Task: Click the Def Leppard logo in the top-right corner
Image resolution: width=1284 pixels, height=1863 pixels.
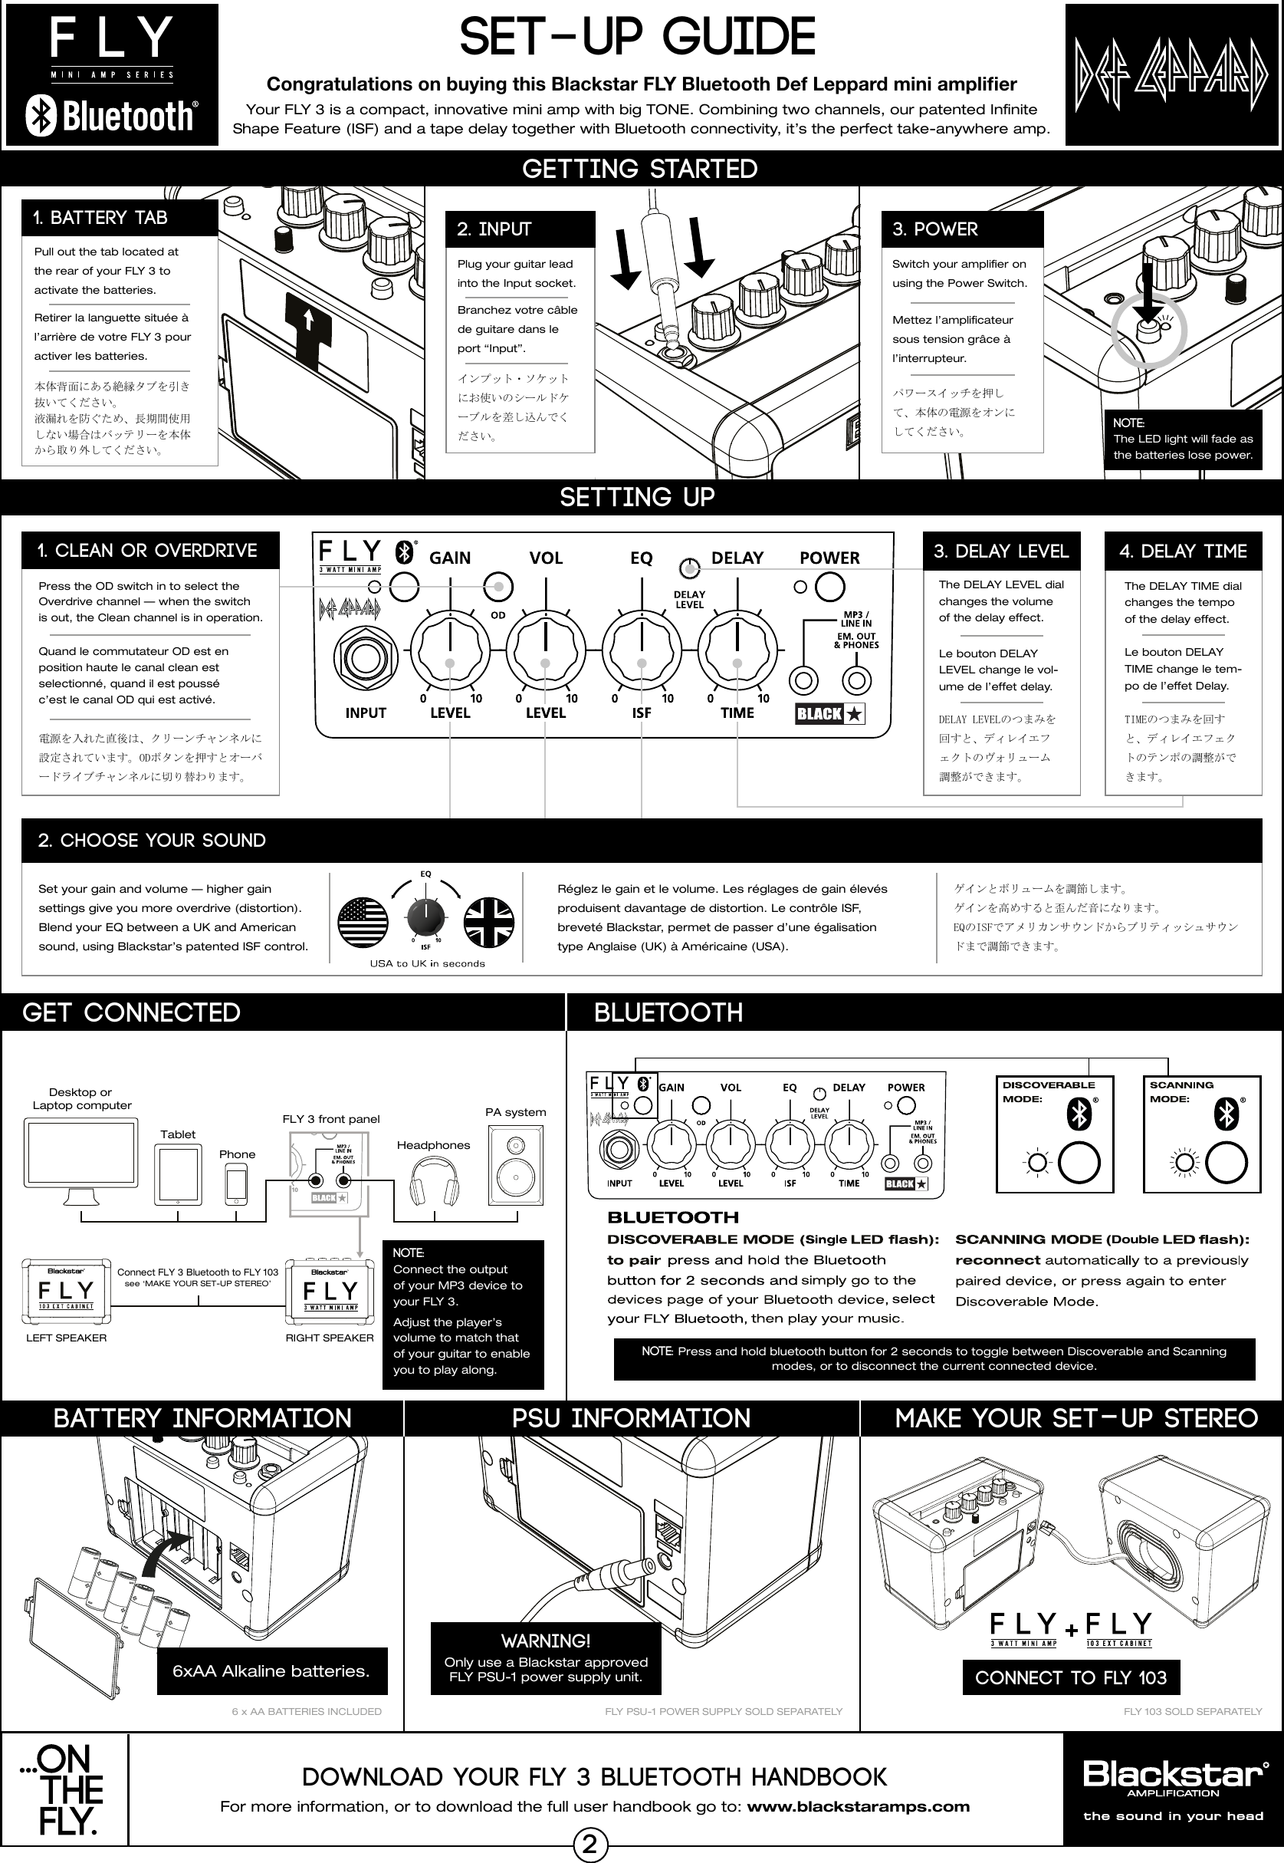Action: [1171, 75]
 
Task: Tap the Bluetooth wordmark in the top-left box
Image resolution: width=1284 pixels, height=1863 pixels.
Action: [112, 117]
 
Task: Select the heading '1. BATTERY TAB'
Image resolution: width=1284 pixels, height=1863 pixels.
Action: [100, 218]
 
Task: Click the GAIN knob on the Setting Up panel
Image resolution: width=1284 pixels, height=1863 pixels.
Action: [450, 649]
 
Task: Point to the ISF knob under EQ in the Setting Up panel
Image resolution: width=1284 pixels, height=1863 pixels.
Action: [641, 649]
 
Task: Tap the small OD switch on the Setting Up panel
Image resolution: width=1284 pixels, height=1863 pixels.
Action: [499, 587]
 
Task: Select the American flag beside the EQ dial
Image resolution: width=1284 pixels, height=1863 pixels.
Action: [363, 923]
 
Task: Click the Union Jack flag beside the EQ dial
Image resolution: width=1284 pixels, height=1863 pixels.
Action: [489, 923]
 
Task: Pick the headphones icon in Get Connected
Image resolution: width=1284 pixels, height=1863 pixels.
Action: [434, 1181]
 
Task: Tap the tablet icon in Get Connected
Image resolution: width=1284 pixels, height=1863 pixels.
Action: [179, 1175]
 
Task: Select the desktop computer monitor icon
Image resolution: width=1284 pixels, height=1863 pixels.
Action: [81, 1156]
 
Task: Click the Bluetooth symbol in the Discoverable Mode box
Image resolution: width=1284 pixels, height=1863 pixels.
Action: [1078, 1115]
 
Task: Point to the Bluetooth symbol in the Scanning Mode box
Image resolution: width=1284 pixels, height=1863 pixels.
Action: [1225, 1115]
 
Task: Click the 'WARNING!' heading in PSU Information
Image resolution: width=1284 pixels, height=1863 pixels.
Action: [546, 1641]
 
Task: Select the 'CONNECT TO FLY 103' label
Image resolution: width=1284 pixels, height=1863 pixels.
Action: [1070, 1678]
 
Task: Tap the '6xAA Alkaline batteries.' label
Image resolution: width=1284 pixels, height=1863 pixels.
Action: [271, 1671]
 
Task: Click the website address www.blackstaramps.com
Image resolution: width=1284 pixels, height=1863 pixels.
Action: [858, 1807]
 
